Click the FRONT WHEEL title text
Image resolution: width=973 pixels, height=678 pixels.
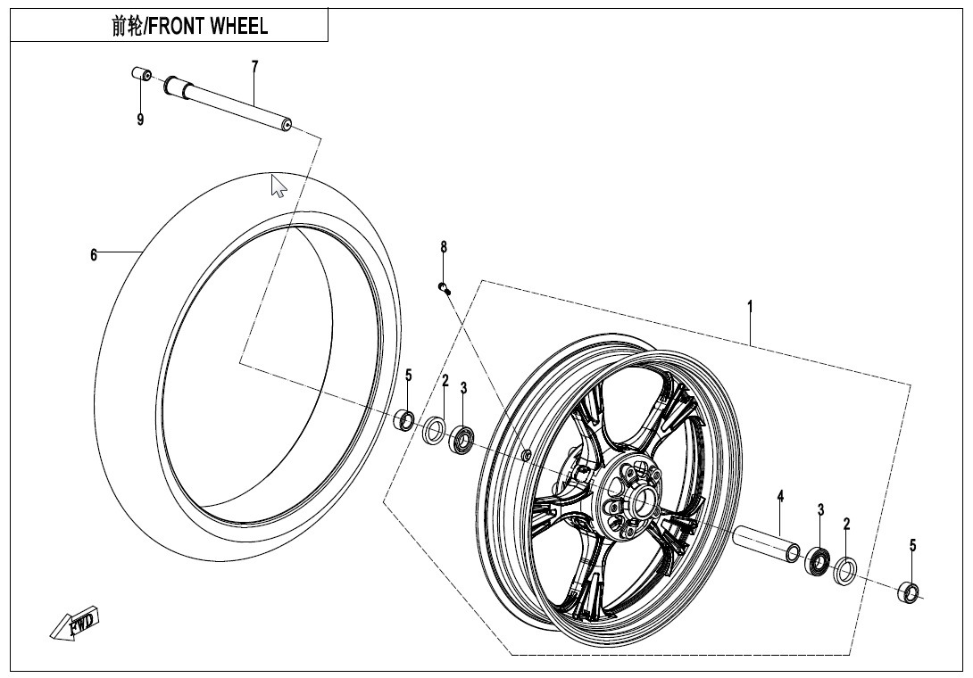(188, 26)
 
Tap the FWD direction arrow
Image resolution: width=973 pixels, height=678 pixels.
(75, 623)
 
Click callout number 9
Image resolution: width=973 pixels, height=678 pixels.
(140, 120)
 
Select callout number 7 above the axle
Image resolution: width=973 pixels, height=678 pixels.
(254, 66)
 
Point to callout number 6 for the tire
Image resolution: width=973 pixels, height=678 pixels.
(94, 255)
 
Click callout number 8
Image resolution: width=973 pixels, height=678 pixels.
(443, 247)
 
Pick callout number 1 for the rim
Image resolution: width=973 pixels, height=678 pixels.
(750, 306)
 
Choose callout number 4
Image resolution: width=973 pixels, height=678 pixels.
(779, 497)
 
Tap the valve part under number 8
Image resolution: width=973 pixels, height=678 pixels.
(444, 286)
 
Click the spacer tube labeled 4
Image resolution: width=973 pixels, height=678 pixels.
(767, 545)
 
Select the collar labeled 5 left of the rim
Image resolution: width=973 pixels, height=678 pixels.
(405, 419)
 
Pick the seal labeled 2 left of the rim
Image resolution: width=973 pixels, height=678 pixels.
(434, 430)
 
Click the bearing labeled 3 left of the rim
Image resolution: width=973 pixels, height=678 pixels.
(462, 438)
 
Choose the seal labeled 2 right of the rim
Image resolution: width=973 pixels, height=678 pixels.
(844, 570)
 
